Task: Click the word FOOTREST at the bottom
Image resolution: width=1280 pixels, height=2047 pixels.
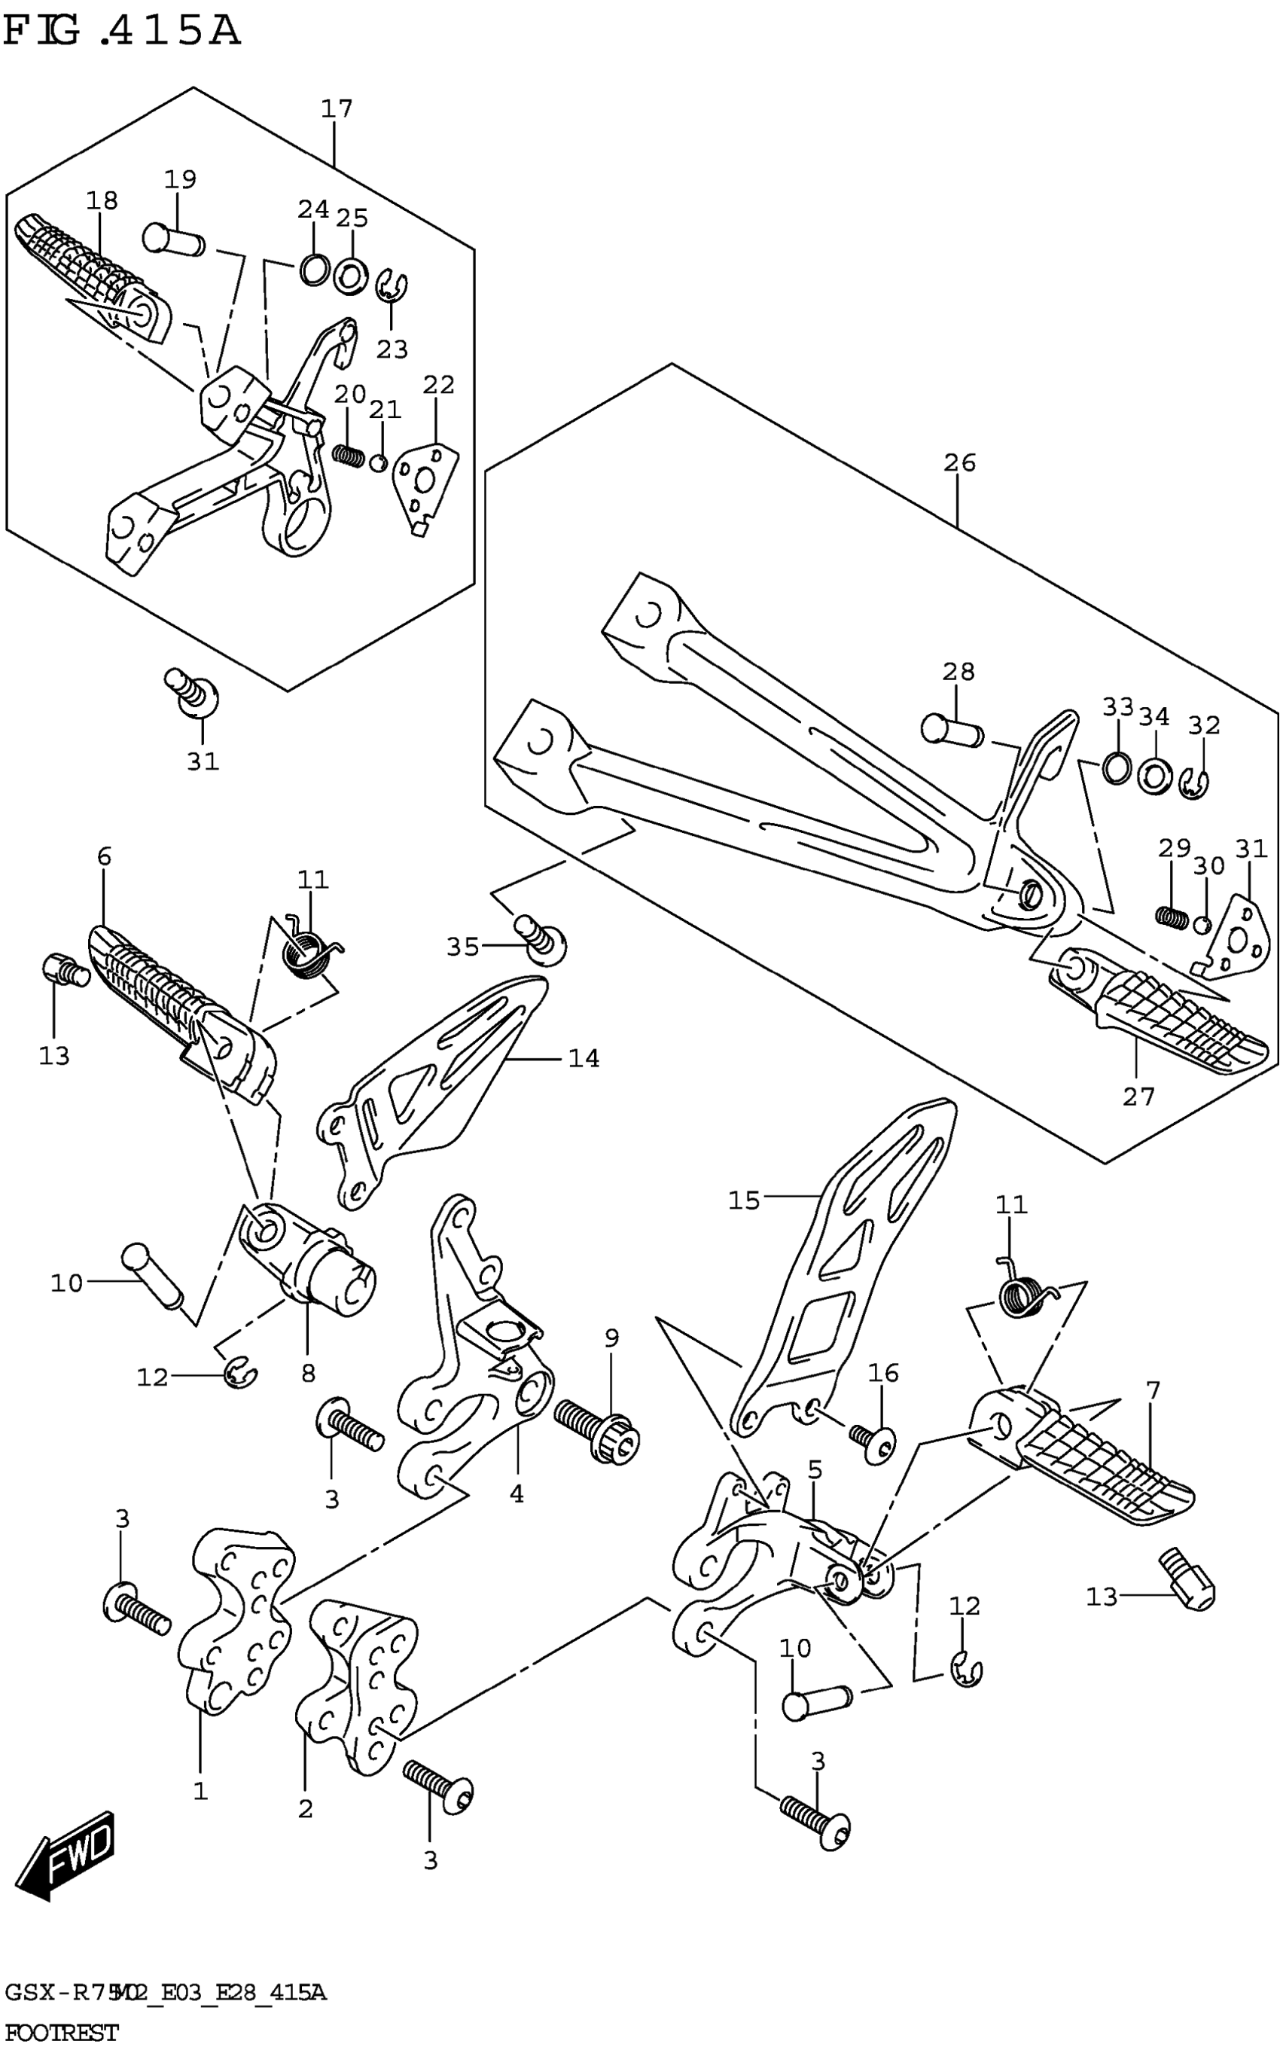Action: (61, 2032)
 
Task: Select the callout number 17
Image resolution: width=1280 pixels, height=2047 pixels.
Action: (336, 109)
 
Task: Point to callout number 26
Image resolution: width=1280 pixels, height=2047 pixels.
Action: (960, 463)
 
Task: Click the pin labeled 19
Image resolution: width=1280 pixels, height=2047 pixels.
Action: (172, 239)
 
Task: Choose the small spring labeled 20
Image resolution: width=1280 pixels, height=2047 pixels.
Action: (347, 456)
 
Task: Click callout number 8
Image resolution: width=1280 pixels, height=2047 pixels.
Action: (308, 1373)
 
